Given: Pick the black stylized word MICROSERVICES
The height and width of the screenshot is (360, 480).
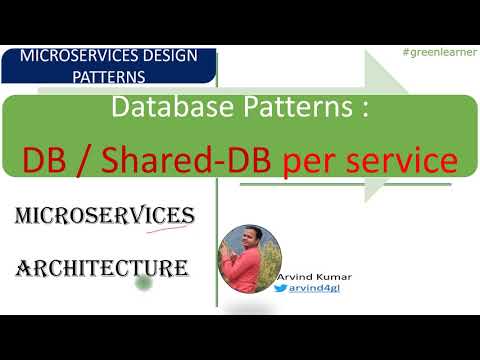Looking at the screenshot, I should pyautogui.click(x=106, y=217).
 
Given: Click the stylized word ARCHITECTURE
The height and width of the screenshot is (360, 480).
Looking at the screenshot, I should pyautogui.click(x=104, y=267).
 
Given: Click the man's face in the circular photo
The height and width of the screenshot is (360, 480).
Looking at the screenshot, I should pyautogui.click(x=247, y=241).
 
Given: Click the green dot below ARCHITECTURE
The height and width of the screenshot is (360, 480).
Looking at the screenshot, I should pyautogui.click(x=145, y=284).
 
